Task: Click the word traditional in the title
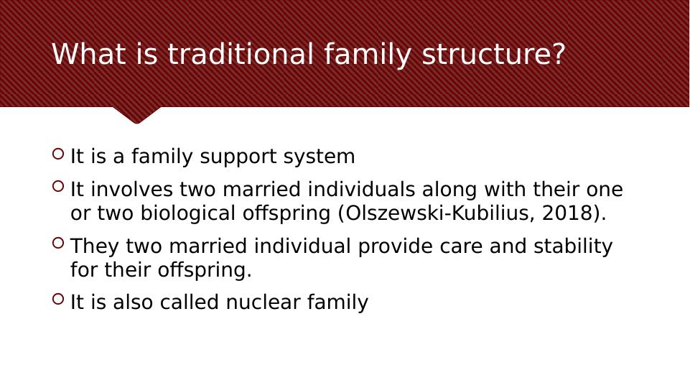[241, 54]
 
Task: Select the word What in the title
[89, 54]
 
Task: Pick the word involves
[131, 190]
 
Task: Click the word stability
[573, 246]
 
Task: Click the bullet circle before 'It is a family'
[58, 154]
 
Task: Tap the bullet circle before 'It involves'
[58, 186]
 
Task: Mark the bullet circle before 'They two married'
[58, 243]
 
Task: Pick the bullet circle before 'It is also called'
[58, 299]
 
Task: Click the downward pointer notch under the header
[137, 115]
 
